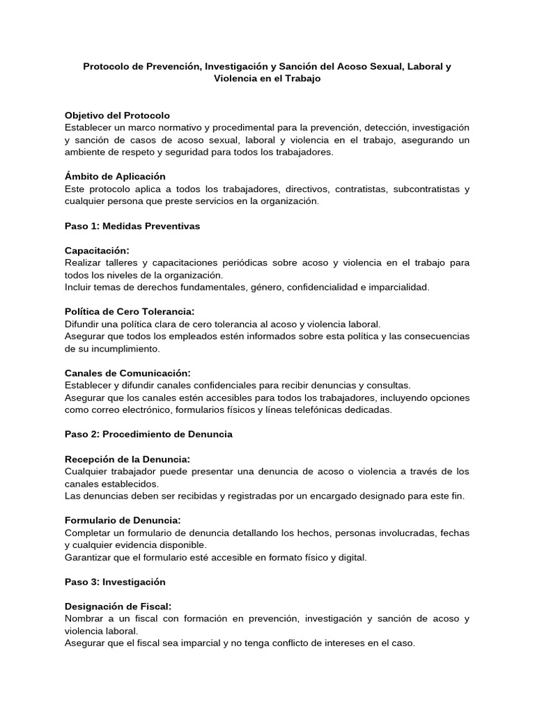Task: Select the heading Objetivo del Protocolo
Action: [x=117, y=115]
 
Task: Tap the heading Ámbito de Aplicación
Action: [x=115, y=176]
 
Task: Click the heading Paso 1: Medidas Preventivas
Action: [x=132, y=226]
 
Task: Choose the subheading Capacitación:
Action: [x=98, y=250]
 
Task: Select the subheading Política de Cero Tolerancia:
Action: [x=130, y=311]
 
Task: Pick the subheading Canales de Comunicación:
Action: [x=127, y=373]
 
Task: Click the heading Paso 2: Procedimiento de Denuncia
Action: [x=148, y=434]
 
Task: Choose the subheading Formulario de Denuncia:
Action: [x=123, y=519]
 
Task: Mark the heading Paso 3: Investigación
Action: [x=115, y=581]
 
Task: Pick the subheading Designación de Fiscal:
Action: [x=118, y=606]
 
